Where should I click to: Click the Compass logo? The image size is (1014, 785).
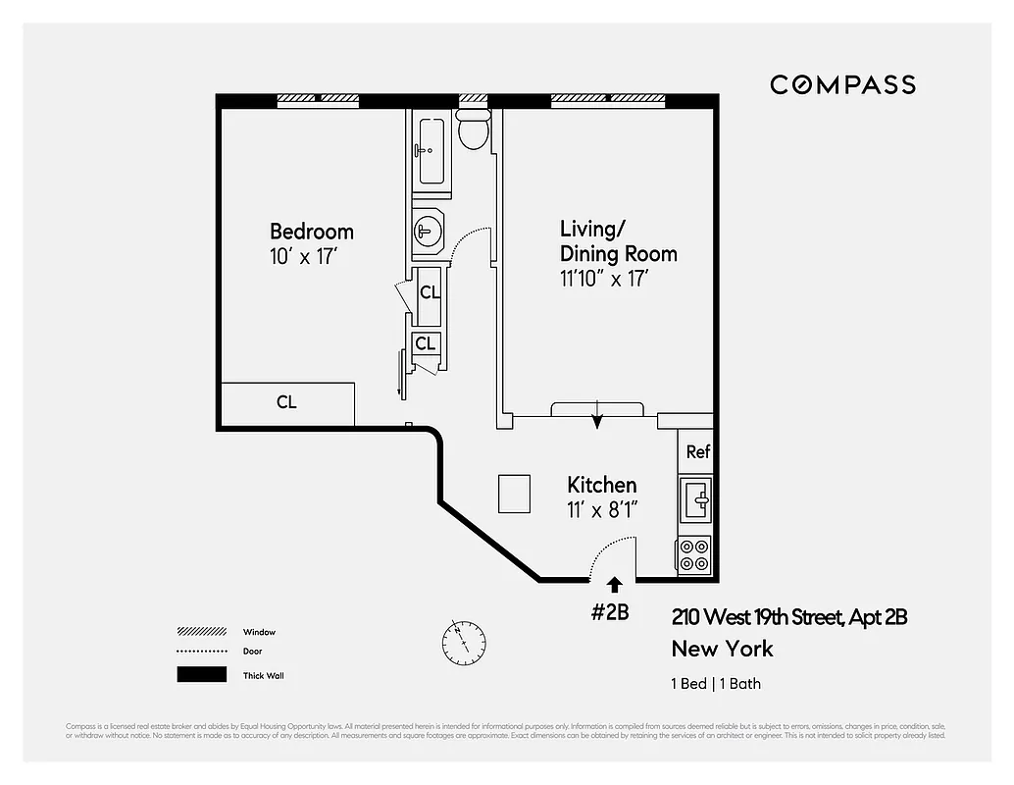pyautogui.click(x=842, y=84)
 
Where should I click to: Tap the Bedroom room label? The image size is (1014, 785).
pyautogui.click(x=311, y=232)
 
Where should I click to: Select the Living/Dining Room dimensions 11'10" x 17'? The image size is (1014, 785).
pyautogui.click(x=604, y=279)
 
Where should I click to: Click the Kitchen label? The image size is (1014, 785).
pyautogui.click(x=601, y=485)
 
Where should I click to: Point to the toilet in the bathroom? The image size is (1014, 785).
pyautogui.click(x=474, y=129)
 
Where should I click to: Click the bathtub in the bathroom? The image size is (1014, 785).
pyautogui.click(x=431, y=150)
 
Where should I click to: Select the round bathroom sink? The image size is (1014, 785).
pyautogui.click(x=428, y=233)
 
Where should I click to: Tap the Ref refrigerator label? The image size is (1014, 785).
pyautogui.click(x=697, y=452)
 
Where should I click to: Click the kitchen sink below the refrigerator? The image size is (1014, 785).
pyautogui.click(x=696, y=500)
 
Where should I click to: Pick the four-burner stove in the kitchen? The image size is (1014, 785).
pyautogui.click(x=695, y=555)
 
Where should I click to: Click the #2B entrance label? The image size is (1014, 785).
pyautogui.click(x=609, y=612)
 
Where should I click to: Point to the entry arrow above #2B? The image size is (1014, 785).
pyautogui.click(x=614, y=587)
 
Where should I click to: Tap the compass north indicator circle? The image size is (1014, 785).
pyautogui.click(x=463, y=643)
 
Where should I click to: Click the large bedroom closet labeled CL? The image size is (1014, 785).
pyautogui.click(x=286, y=403)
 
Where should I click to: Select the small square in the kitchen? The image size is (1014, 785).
pyautogui.click(x=514, y=494)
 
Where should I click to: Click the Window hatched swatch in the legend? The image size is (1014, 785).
pyautogui.click(x=200, y=632)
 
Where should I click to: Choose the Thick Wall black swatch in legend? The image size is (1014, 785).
pyautogui.click(x=200, y=675)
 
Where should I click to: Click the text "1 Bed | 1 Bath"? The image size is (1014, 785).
pyautogui.click(x=716, y=684)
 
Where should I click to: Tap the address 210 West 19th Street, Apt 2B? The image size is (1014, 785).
pyautogui.click(x=789, y=617)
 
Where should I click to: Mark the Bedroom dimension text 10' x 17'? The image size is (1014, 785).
pyautogui.click(x=304, y=255)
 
